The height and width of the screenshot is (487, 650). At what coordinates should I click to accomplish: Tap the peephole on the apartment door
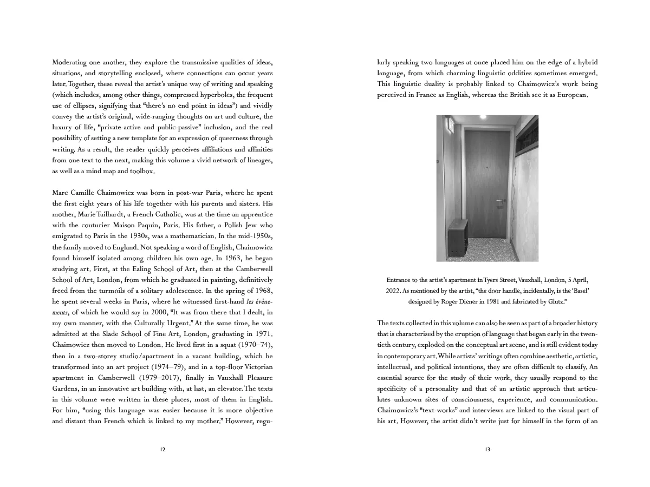(x=487, y=168)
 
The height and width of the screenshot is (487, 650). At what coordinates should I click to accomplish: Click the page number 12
(x=162, y=449)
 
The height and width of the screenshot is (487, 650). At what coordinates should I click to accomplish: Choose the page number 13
(x=487, y=449)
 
